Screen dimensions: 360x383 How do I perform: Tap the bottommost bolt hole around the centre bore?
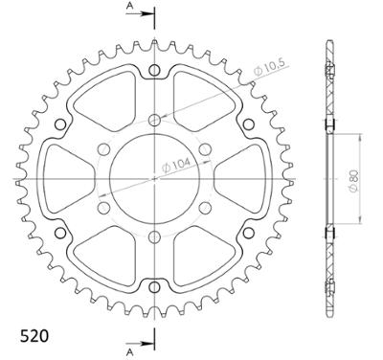(x=154, y=235)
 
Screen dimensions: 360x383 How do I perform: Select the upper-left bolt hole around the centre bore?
(x=104, y=147)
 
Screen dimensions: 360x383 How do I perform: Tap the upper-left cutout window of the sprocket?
(x=112, y=103)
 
